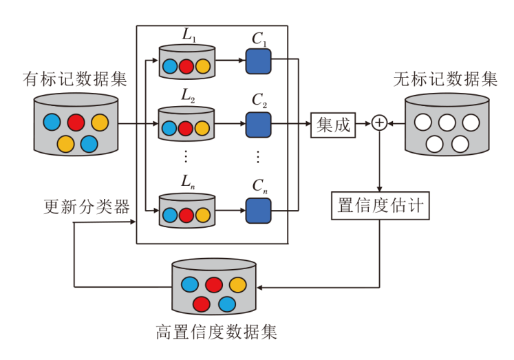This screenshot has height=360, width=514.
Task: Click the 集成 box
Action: click(x=333, y=125)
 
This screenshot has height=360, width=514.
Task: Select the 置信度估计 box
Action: click(x=380, y=205)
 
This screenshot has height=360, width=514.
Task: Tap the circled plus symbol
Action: click(x=379, y=124)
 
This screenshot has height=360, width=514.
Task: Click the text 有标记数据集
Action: click(x=75, y=78)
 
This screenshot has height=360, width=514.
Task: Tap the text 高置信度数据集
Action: click(x=217, y=332)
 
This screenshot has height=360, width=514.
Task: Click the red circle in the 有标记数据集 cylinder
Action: click(x=76, y=123)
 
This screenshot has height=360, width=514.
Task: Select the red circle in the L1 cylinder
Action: click(x=186, y=67)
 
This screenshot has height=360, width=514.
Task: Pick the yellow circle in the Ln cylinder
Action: click(x=202, y=215)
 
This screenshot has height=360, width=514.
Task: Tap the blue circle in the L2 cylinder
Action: click(x=169, y=128)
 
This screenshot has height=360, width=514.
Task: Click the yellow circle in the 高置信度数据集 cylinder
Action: click(x=237, y=284)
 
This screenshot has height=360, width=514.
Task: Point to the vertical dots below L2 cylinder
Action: click(x=186, y=156)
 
